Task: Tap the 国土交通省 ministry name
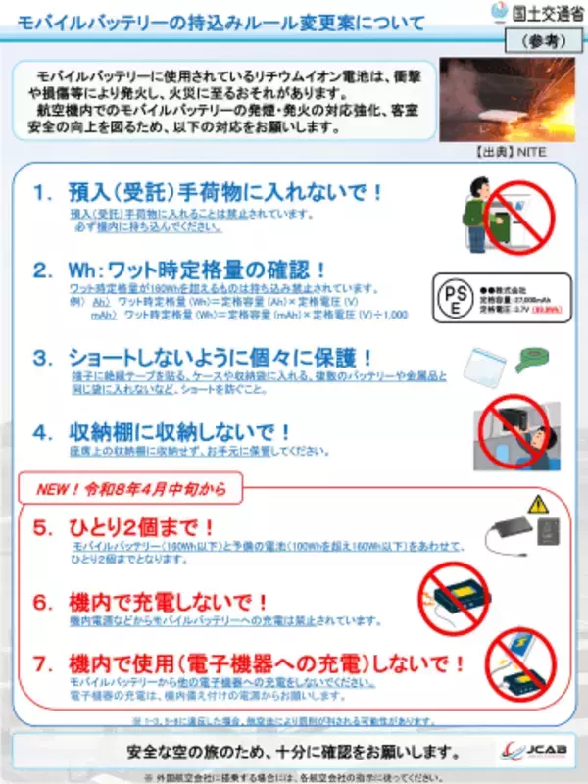[x=544, y=13]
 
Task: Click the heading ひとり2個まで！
[x=139, y=528]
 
